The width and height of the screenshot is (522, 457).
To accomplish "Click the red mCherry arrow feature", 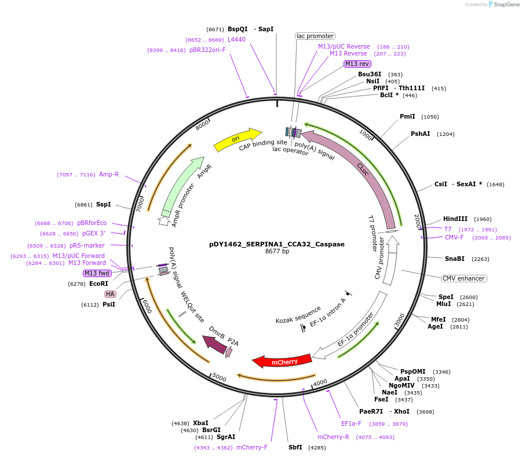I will point(283,361).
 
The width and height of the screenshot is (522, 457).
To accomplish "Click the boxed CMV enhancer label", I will point(463,278).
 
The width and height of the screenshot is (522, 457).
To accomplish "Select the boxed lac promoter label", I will point(315,36).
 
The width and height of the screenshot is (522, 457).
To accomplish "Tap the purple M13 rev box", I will point(357,64).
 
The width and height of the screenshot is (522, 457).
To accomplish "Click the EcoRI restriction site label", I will point(98,283).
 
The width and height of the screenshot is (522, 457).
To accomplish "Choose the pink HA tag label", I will point(110,294).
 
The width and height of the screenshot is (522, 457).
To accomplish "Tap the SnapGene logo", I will point(503,5).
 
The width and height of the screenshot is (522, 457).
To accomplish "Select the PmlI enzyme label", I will point(407,116).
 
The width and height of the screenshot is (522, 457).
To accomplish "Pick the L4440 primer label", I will point(236,39).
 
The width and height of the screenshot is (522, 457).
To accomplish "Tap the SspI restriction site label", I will point(104,204).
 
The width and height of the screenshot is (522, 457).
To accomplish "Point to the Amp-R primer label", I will point(109,174).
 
